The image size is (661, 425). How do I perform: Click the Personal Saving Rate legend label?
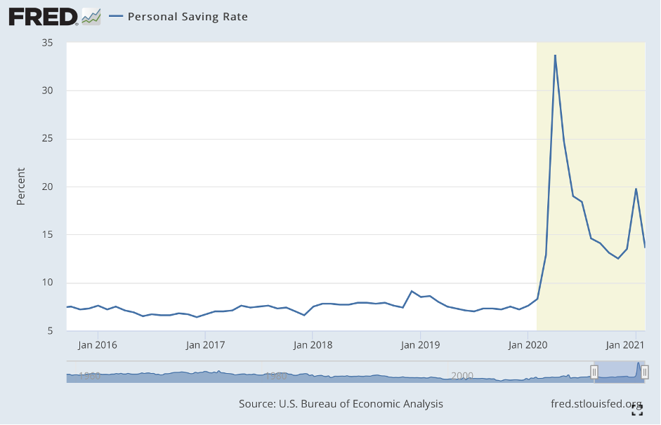pyautogui.click(x=188, y=16)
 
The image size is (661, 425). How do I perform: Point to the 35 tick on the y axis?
pyautogui.click(x=48, y=43)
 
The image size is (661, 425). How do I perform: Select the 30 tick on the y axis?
pyautogui.click(x=48, y=90)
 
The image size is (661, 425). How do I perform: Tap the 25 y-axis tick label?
pyautogui.click(x=48, y=139)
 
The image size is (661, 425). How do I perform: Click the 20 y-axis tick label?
pyautogui.click(x=48, y=187)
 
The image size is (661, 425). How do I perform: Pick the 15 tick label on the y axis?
pyautogui.click(x=48, y=235)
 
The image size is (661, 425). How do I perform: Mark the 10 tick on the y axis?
pyautogui.click(x=48, y=283)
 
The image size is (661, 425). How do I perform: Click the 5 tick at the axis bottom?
pyautogui.click(x=51, y=331)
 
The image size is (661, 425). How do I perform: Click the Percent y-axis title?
pyautogui.click(x=21, y=187)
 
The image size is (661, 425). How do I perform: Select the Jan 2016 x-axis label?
pyautogui.click(x=97, y=345)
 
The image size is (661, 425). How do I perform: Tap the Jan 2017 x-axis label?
pyautogui.click(x=204, y=345)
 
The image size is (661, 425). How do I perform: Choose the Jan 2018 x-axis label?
pyautogui.click(x=313, y=345)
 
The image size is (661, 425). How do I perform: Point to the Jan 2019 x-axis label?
pyautogui.click(x=420, y=345)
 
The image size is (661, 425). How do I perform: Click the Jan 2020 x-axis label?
pyautogui.click(x=528, y=345)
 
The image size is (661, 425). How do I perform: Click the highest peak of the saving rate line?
pyautogui.click(x=555, y=55)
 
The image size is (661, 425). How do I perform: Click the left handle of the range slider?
pyautogui.click(x=594, y=372)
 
